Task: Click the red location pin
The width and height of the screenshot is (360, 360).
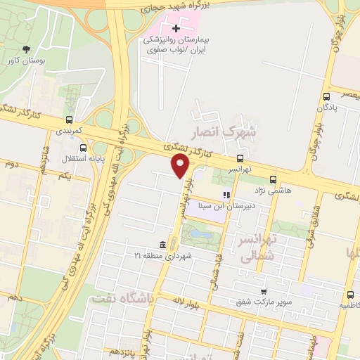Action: coord(181,166)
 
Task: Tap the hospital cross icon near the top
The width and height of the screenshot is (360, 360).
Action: coord(176,28)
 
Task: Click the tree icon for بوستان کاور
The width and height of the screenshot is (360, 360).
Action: coord(26,49)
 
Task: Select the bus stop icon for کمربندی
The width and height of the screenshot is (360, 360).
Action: coord(69,120)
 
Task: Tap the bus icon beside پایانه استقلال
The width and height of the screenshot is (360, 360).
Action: coord(84,148)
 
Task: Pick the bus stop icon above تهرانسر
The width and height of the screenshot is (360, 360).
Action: coord(240,158)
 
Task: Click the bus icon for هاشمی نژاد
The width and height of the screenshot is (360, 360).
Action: coord(273,179)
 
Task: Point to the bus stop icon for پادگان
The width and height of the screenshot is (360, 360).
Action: coord(326,96)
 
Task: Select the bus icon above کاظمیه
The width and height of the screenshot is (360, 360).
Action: coord(350,295)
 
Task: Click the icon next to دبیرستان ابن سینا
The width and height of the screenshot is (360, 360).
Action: coord(226,195)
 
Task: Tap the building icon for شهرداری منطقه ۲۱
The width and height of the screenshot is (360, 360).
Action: coord(162,245)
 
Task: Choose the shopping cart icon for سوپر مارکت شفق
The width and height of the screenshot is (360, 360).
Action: coord(264,292)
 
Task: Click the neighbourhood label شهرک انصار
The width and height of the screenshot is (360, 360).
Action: coord(229,131)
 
